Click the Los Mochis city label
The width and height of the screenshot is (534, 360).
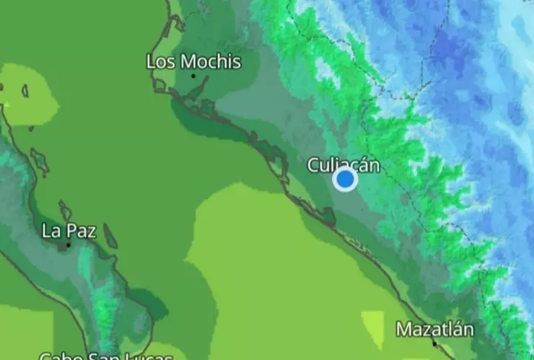pos(193,61)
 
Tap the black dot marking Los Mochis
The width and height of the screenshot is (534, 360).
pos(193,76)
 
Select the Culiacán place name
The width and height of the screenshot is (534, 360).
pos(343,164)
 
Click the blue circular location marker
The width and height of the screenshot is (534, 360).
pos(346,179)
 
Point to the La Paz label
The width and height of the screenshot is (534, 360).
pos(69,231)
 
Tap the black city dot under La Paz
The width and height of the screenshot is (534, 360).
pos(69,245)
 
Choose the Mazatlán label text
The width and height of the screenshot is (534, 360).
pos(435,330)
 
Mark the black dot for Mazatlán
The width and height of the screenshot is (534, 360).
pos(434,343)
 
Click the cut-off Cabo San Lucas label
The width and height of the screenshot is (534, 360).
pos(105,355)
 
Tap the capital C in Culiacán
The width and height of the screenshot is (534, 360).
pos(313,164)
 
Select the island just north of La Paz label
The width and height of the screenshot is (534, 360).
pos(65,211)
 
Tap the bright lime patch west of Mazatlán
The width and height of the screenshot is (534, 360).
pos(373,328)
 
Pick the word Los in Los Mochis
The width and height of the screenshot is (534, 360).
pos(161,61)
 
